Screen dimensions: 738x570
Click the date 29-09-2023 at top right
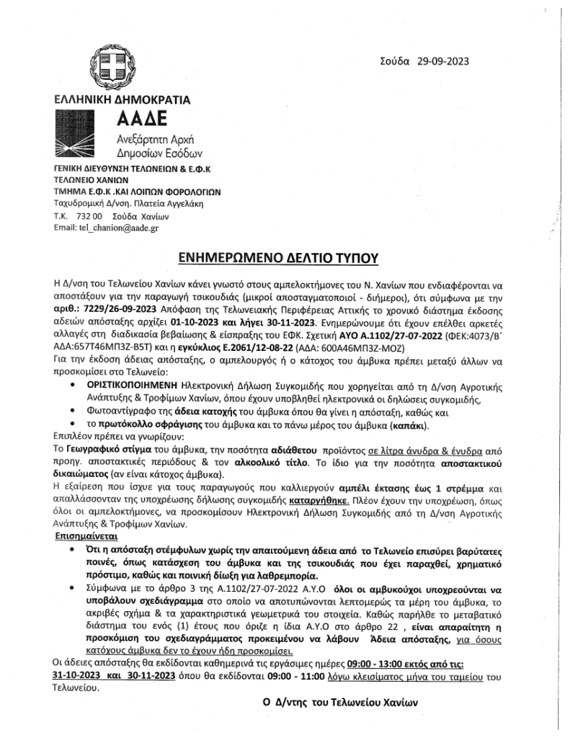(442, 61)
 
